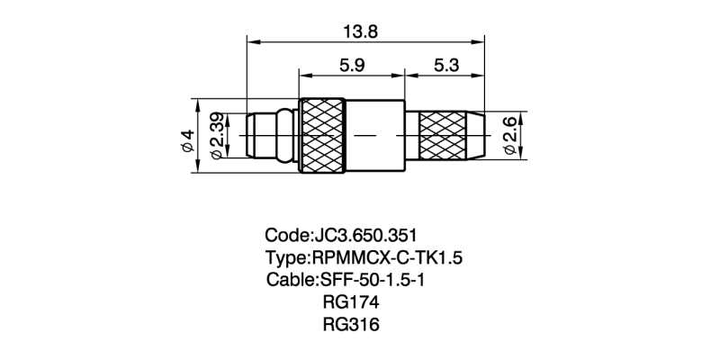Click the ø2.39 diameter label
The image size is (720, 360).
coord(217,136)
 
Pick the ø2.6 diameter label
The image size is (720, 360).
coord(510,136)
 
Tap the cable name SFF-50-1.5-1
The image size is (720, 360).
coord(384,279)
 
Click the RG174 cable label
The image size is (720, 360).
coord(350,301)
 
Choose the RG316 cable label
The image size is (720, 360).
coord(350,323)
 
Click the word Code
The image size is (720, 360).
coord(285,237)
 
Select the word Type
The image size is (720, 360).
coord(285,258)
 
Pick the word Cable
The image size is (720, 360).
coord(289,279)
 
